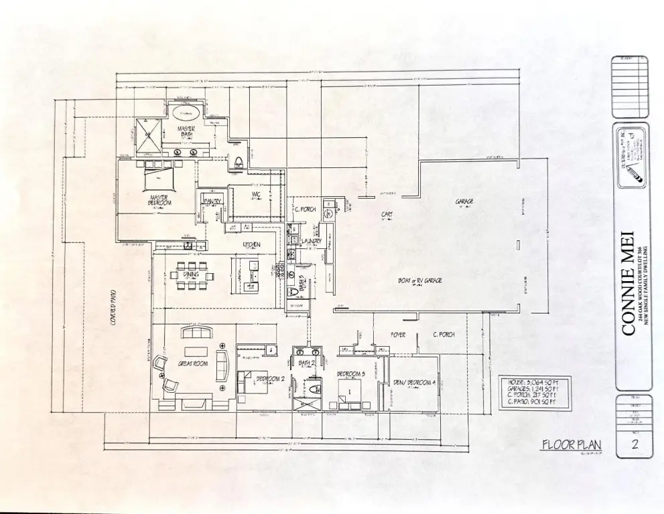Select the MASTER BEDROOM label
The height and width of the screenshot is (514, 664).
159,199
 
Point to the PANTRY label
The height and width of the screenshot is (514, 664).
212,201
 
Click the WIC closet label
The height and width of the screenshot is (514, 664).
256,195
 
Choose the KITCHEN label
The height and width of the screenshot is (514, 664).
251,245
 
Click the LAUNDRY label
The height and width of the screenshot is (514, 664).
312,241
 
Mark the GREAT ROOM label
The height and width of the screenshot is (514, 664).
192,363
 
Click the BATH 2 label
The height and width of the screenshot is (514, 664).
306,363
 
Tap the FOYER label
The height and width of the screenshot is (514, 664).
398,334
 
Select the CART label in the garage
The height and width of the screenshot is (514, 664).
387,215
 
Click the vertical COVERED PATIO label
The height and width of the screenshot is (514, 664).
113,309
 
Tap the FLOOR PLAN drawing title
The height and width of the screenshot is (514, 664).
571,444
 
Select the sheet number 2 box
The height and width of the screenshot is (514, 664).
633,445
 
